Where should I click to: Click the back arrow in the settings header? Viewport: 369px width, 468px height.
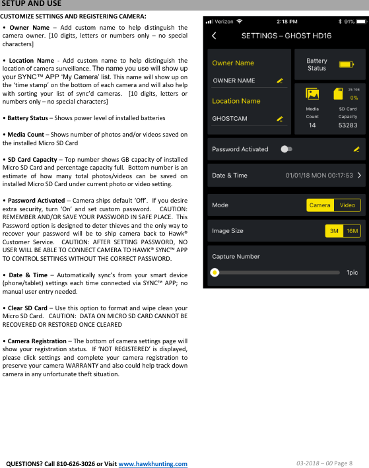(x=213, y=35)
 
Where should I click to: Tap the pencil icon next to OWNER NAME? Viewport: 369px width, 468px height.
(x=280, y=81)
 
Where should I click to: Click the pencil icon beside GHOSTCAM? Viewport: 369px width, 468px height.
(x=280, y=119)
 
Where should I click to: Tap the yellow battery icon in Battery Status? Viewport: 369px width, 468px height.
(x=346, y=64)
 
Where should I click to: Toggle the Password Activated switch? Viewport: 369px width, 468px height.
(x=286, y=149)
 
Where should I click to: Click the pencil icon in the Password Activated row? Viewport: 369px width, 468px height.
(x=356, y=149)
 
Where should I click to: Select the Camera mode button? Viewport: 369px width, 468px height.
(x=320, y=205)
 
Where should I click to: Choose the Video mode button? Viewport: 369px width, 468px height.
(x=347, y=205)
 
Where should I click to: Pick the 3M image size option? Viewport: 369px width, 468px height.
(x=335, y=231)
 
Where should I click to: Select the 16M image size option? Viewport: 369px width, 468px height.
(x=352, y=231)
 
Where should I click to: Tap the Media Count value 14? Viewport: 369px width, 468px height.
(x=312, y=125)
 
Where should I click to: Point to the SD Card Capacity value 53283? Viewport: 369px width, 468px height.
(x=348, y=125)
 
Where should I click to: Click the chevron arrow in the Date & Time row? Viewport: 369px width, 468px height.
(x=359, y=176)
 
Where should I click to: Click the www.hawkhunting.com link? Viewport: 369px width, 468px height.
(x=152, y=463)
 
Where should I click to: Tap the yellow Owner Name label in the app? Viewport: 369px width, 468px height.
(x=233, y=63)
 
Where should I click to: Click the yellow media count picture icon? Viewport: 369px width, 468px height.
(x=312, y=94)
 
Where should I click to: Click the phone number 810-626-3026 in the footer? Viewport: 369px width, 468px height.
(x=74, y=463)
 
